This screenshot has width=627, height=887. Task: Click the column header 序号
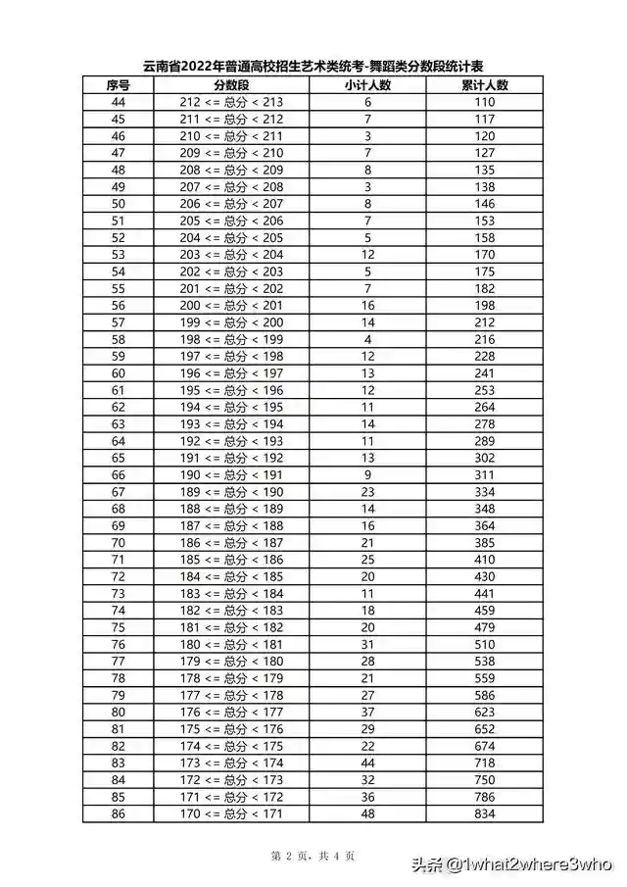tap(119, 85)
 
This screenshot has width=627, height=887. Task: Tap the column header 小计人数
tap(367, 85)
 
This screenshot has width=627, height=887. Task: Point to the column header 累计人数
tap(485, 85)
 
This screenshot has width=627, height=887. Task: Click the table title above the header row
tap(313, 66)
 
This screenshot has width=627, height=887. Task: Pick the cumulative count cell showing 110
tap(485, 102)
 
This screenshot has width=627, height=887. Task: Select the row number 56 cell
tap(119, 306)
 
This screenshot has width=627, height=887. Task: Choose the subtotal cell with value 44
tap(367, 763)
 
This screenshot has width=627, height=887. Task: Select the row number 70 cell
tap(119, 542)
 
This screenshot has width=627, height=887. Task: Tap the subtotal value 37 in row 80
tap(367, 713)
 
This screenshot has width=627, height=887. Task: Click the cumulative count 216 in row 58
tap(485, 339)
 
